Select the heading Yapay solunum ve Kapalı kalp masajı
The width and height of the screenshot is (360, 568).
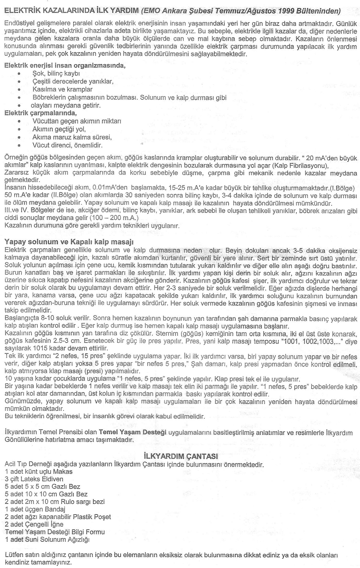click(x=69, y=242)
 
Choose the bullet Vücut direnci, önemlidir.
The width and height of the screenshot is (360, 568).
click(x=67, y=145)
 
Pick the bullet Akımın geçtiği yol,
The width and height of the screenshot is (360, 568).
click(x=59, y=129)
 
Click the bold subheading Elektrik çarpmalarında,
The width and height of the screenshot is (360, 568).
click(x=41, y=113)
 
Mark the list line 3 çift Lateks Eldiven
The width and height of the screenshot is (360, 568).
click(x=34, y=479)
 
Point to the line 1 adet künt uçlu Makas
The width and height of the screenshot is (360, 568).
click(x=39, y=471)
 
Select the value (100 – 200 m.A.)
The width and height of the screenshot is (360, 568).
click(x=114, y=218)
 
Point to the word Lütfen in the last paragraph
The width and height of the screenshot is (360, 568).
click(x=14, y=555)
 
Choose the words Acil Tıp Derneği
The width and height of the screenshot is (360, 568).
click(x=27, y=464)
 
